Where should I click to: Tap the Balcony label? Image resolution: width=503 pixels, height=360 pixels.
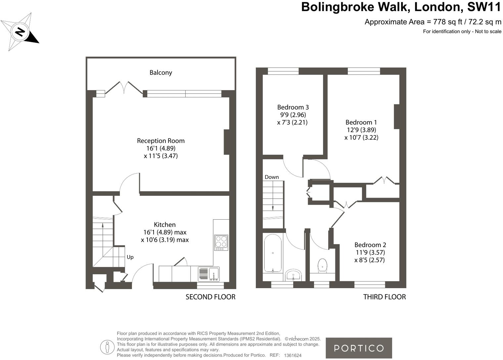pyautogui.click(x=161, y=73)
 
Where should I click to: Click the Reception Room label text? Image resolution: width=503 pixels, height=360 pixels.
pyautogui.click(x=161, y=141)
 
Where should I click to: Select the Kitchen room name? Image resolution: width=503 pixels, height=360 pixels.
pyautogui.click(x=165, y=225)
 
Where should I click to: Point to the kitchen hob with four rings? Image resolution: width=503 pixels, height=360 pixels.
pyautogui.click(x=221, y=242)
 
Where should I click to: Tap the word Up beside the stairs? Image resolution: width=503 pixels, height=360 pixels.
pyautogui.click(x=130, y=257)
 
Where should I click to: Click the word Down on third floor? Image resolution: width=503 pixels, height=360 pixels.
pyautogui.click(x=272, y=177)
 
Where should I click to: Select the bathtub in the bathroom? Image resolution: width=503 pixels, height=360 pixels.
pyautogui.click(x=273, y=253)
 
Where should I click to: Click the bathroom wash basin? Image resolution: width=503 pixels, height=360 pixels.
pyautogui.click(x=294, y=275)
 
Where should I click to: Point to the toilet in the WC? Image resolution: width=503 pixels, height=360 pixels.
pyautogui.click(x=322, y=265)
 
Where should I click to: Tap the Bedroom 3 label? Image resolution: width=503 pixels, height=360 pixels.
pyautogui.click(x=293, y=107)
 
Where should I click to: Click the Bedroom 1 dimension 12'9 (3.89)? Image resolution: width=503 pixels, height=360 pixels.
pyautogui.click(x=361, y=130)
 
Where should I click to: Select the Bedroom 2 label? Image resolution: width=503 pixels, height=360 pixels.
pyautogui.click(x=370, y=245)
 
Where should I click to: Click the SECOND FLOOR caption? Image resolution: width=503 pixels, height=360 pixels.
pyautogui.click(x=210, y=297)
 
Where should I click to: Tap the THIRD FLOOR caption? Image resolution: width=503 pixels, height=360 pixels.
pyautogui.click(x=384, y=297)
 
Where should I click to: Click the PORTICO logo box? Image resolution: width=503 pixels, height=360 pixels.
pyautogui.click(x=359, y=348)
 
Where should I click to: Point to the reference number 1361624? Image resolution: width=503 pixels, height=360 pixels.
pyautogui.click(x=293, y=355)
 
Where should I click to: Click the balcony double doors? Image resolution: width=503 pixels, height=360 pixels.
pyautogui.click(x=124, y=87)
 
